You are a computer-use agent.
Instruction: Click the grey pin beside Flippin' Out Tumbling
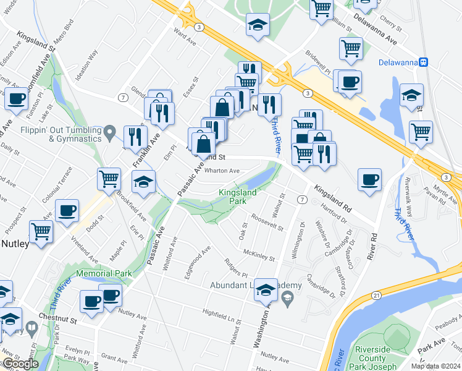110,131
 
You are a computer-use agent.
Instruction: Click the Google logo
20,364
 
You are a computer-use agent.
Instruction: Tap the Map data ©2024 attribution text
435,365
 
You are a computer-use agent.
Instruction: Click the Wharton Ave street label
222,171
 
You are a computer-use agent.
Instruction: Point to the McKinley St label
259,253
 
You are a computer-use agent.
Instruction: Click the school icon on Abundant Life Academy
266,289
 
